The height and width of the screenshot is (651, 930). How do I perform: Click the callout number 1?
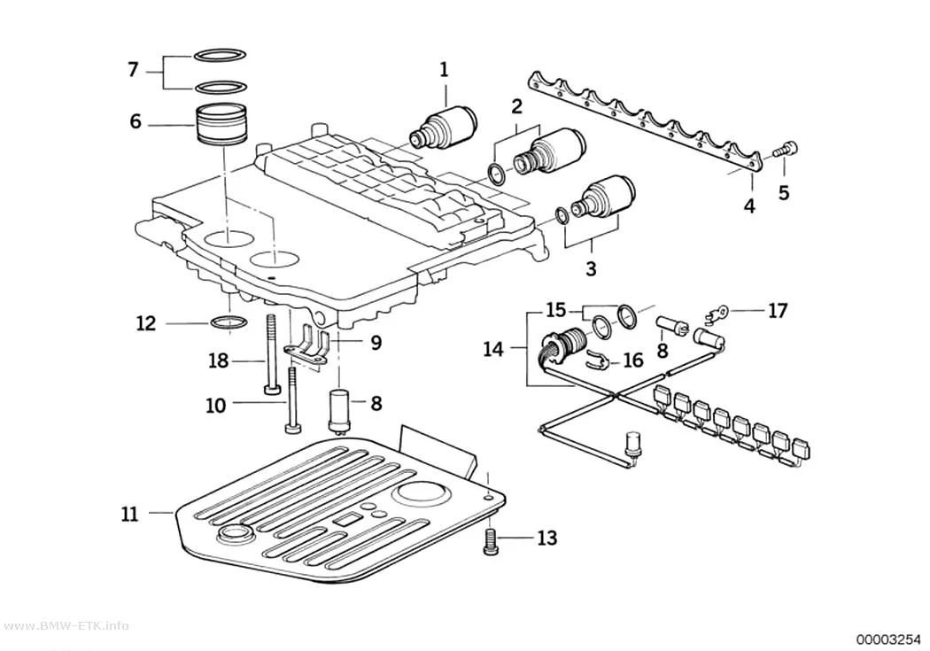click(444, 70)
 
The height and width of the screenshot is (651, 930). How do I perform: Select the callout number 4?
click(749, 206)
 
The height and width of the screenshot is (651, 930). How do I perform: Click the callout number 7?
click(134, 70)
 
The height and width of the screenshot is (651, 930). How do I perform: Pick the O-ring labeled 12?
click(228, 323)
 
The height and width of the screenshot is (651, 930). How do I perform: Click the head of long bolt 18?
click(272, 389)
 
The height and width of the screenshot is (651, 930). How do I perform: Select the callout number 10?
click(216, 406)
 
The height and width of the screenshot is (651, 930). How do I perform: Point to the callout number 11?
click(129, 514)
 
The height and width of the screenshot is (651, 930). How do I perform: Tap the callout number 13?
click(546, 538)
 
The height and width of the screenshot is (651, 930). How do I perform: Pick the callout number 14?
click(492, 349)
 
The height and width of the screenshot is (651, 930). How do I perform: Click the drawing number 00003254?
click(887, 639)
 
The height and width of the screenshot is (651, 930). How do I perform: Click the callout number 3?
click(591, 268)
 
